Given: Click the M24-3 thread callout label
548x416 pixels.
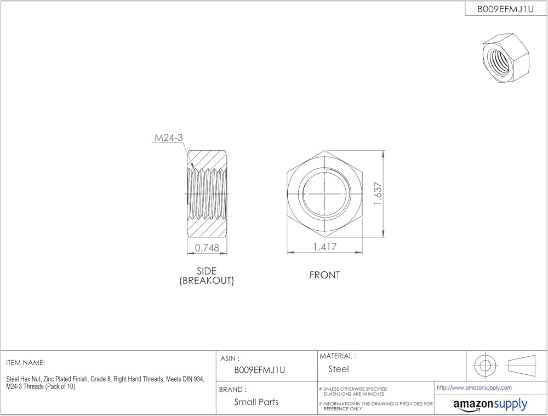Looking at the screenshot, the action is pos(168,138).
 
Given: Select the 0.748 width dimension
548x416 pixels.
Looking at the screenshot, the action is pos(207,248).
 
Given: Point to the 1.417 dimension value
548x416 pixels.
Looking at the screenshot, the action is pos(324,247).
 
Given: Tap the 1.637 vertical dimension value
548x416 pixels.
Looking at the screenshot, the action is pos(378,193).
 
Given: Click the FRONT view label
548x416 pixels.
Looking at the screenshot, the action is pos(324,275).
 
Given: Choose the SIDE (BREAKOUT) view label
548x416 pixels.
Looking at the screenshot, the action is pos(207,276).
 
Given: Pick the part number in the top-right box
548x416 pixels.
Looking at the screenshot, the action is pos(506,9).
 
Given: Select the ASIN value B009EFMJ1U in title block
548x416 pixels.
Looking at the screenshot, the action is pos(260,370).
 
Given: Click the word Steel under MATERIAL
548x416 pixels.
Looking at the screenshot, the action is pos(338,369).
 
